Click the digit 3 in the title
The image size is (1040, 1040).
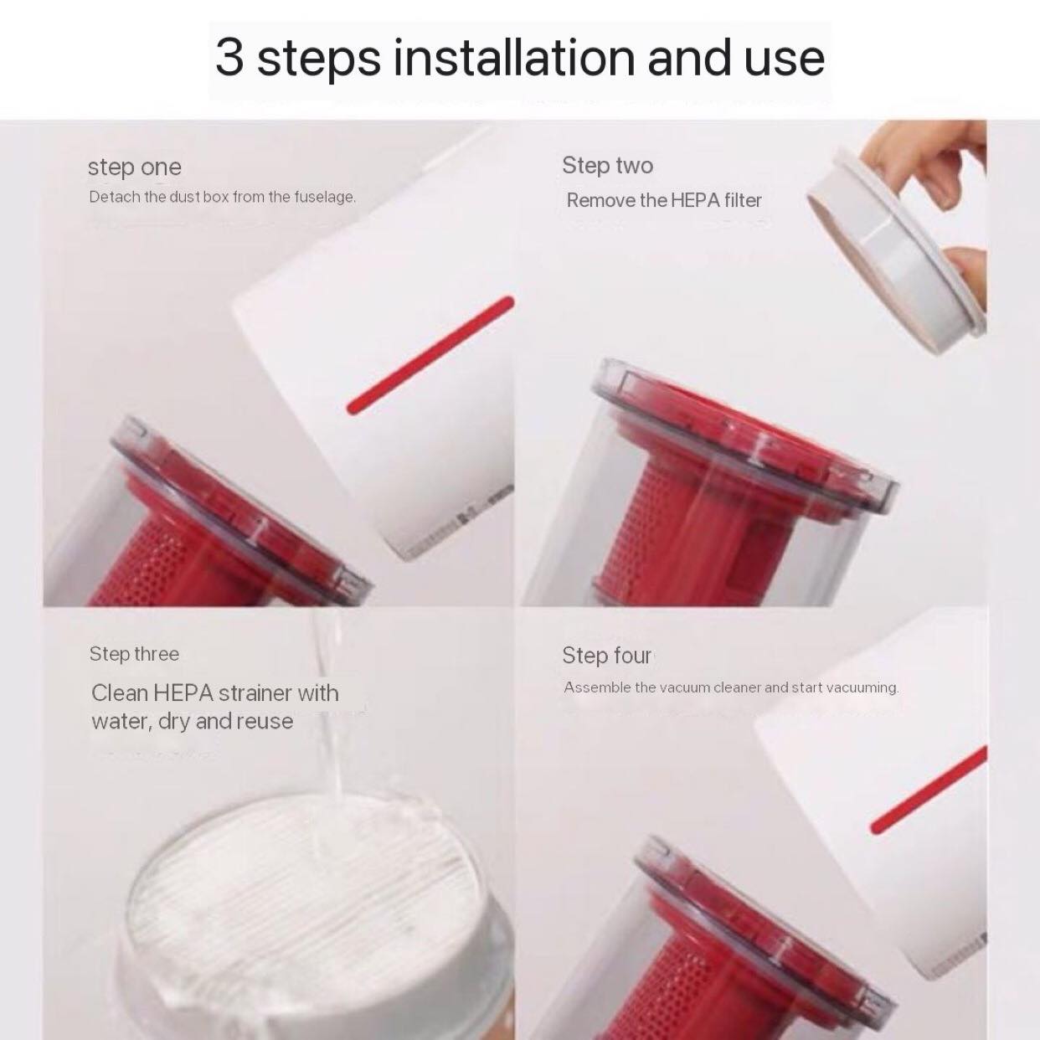[229, 57]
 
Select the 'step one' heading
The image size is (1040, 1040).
[134, 167]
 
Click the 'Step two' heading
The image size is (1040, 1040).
[607, 166]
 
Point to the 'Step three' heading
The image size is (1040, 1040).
[134, 654]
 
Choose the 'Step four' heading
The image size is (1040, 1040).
[606, 655]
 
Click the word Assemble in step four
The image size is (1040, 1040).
[597, 687]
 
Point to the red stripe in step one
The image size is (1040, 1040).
[430, 355]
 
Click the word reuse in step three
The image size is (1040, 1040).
[264, 722]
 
